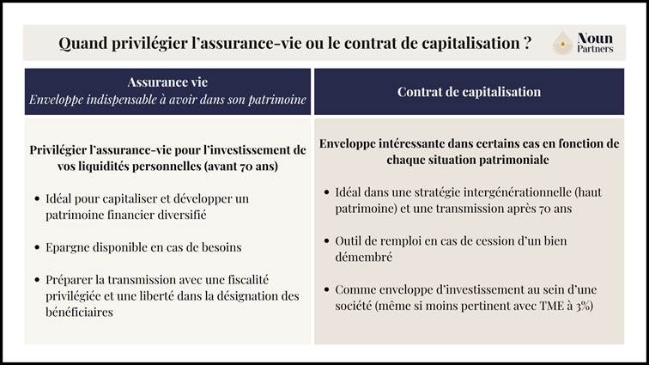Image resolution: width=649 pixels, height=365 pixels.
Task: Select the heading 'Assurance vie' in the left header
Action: pos(167,83)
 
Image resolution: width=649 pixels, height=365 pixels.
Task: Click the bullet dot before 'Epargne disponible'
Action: pos(36,247)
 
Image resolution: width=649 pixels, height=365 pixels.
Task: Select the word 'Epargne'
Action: pos(69,247)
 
